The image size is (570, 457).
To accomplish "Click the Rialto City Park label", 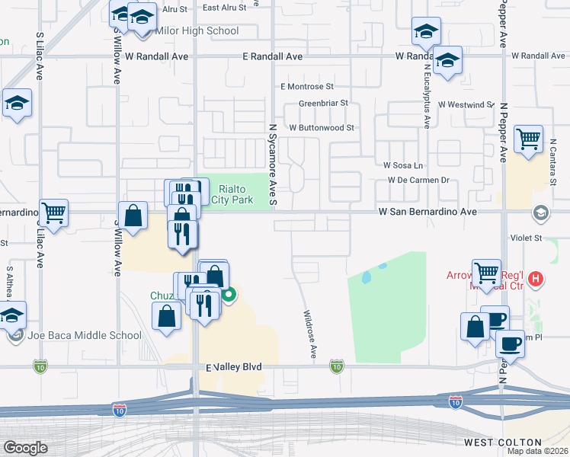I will tap(235, 194).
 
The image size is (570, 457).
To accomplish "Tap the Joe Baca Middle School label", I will tap(85, 335).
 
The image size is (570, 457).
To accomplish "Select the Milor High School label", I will tap(197, 31).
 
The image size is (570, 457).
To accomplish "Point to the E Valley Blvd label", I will tap(234, 367).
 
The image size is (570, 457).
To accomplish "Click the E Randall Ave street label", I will tap(273, 56).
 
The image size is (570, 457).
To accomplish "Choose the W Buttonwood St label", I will tap(322, 128).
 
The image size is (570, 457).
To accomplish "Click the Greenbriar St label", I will tap(323, 103).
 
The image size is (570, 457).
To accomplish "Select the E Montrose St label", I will tap(307, 87).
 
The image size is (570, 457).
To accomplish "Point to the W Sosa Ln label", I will tap(402, 165).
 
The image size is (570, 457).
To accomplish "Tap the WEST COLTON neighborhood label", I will tap(503, 443).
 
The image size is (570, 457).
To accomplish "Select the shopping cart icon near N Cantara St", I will tap(528, 139).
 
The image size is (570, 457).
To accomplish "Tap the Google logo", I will tap(25, 448).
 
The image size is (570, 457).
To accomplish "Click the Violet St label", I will tap(525, 238).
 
